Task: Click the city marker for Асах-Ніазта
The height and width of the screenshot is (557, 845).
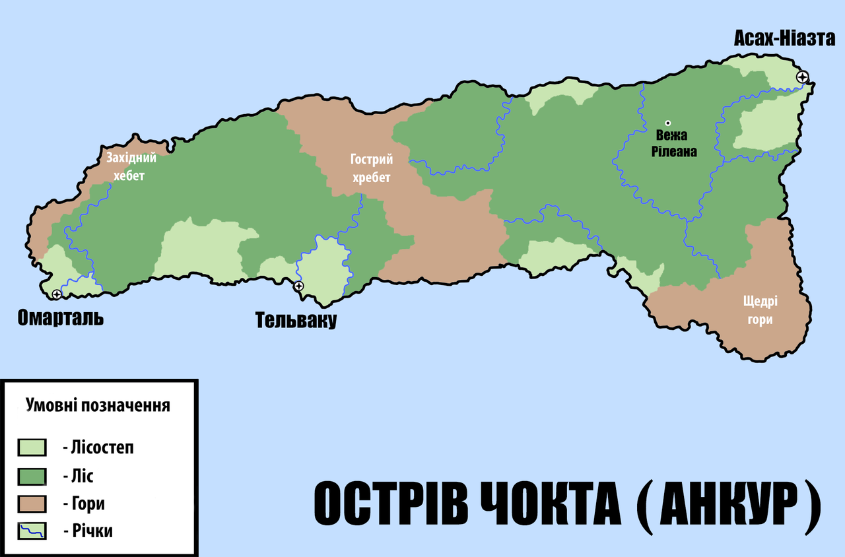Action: click(802, 77)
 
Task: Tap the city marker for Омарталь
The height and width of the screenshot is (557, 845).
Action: click(57, 294)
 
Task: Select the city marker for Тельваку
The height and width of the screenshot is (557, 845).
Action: click(298, 286)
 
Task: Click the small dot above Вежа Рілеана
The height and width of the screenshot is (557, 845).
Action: click(667, 123)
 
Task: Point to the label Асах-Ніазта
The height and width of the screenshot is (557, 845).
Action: click(784, 39)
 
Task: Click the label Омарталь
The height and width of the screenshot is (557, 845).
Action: click(61, 318)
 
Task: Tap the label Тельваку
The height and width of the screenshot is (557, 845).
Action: click(296, 321)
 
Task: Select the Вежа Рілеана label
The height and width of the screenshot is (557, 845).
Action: click(672, 143)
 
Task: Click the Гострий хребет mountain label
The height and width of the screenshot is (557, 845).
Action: click(372, 168)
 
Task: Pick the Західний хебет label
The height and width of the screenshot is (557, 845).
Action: click(131, 166)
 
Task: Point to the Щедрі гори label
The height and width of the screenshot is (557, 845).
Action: click(760, 310)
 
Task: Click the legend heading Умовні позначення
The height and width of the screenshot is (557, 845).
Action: click(98, 405)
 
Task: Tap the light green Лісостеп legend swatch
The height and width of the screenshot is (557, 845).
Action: click(32, 447)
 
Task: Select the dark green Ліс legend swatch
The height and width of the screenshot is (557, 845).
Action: click(32, 476)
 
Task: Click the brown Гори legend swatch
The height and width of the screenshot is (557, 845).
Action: click(32, 504)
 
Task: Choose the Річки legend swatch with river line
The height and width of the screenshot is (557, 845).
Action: click(32, 531)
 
